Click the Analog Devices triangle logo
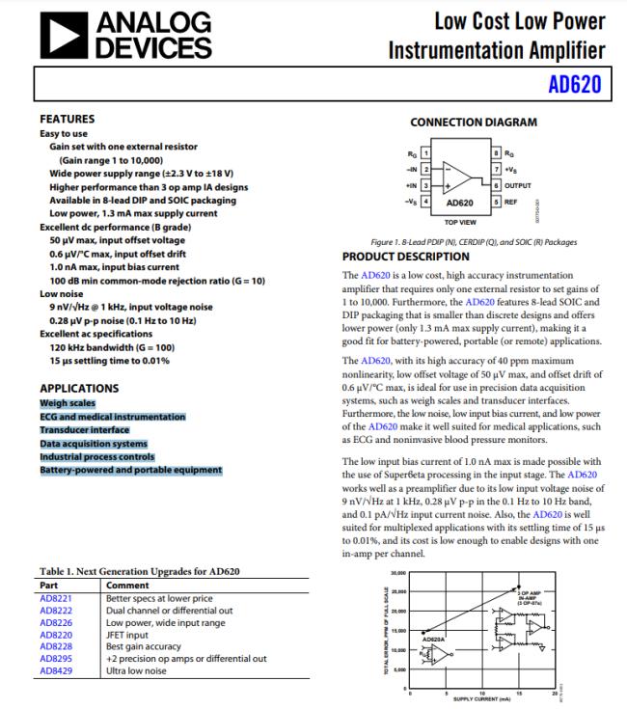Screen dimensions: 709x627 62,36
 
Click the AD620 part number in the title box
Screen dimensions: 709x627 575,84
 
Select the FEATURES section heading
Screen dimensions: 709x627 67,119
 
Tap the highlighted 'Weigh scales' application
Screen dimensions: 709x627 67,402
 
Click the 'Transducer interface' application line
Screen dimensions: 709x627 84,429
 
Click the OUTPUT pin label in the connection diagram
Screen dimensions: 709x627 519,184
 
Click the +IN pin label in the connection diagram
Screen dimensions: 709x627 413,184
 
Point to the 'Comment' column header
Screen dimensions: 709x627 127,585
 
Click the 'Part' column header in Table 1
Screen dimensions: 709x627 50,585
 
